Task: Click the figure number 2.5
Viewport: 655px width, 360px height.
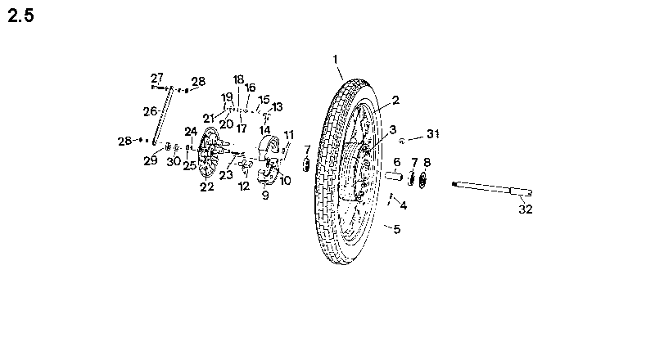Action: pos(21,16)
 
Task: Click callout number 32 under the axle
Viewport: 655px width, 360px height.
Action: pos(526,209)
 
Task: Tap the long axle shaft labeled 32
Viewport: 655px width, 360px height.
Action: pos(492,188)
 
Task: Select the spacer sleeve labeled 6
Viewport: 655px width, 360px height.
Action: pos(394,176)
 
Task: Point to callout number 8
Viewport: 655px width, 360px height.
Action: pos(427,162)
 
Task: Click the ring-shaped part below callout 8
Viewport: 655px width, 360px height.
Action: pos(422,180)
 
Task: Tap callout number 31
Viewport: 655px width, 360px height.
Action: pos(433,134)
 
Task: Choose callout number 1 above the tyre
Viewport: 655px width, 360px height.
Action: pos(335,60)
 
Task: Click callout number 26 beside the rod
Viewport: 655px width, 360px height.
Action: pos(150,111)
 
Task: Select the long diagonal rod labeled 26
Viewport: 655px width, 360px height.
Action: pos(163,115)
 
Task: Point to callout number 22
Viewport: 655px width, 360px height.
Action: pos(207,187)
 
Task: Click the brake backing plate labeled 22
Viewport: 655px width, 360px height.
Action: pos(209,152)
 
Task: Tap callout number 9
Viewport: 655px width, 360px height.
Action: pos(265,195)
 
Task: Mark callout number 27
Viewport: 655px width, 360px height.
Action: pos(157,78)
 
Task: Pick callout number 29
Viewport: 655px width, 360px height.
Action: pos(151,160)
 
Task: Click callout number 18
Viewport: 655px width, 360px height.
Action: pos(238,79)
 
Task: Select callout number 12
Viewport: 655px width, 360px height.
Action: pos(244,187)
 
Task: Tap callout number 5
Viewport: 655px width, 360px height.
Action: pos(397,229)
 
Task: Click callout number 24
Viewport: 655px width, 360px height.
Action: pos(191,132)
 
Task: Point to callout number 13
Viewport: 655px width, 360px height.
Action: pos(277,107)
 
